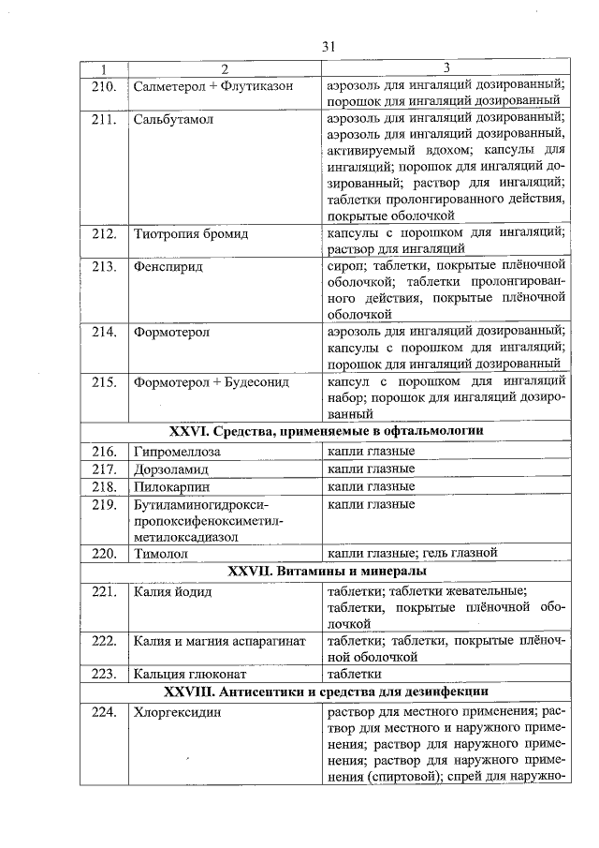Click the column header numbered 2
click(224, 68)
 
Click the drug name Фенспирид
click(168, 266)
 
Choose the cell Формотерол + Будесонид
click(211, 381)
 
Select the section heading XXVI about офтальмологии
click(326, 431)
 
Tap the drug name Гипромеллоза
click(178, 452)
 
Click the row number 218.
click(104, 487)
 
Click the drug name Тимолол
click(161, 553)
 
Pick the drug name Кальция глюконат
click(188, 673)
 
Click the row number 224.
click(104, 712)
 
